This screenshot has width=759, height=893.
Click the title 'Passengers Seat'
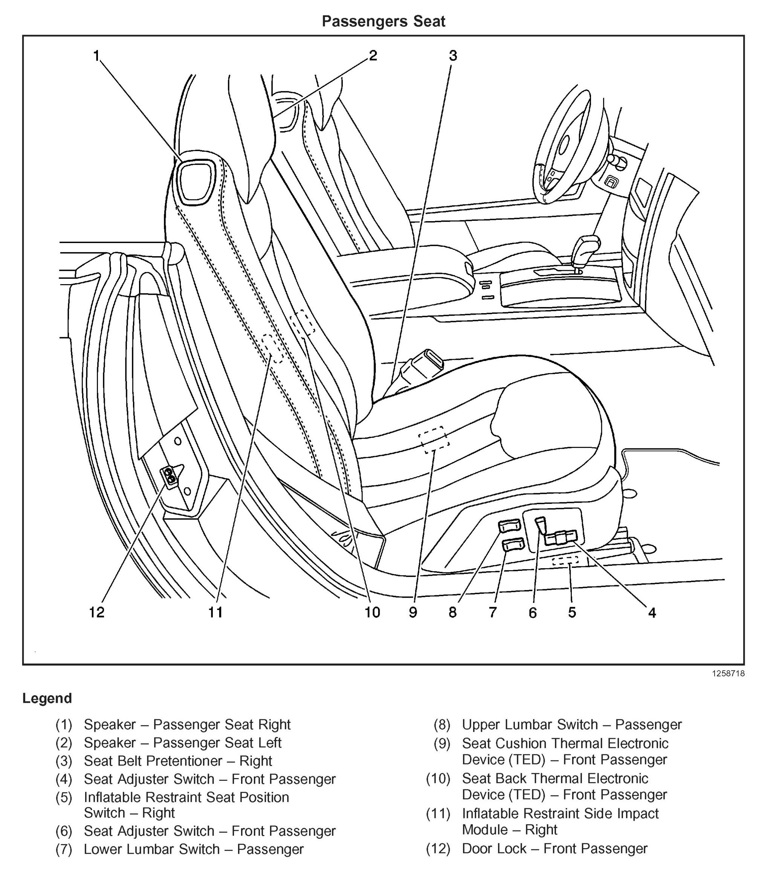point(383,21)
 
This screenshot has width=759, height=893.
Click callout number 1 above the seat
point(96,55)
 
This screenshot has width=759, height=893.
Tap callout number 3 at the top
point(453,55)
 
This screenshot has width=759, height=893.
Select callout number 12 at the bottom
point(96,612)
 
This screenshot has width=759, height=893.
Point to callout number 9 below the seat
point(412,612)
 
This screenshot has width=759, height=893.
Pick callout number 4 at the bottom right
point(652,612)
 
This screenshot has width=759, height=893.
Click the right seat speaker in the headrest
point(196,181)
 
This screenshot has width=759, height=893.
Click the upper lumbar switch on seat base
point(509,526)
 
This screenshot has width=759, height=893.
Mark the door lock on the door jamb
point(170,477)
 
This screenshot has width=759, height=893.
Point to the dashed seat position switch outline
point(565,560)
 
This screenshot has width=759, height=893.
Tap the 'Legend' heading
point(47,698)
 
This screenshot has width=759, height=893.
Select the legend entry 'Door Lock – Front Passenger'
point(554,849)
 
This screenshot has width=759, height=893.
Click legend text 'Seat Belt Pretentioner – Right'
point(178,761)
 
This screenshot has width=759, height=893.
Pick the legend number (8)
point(441,725)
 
